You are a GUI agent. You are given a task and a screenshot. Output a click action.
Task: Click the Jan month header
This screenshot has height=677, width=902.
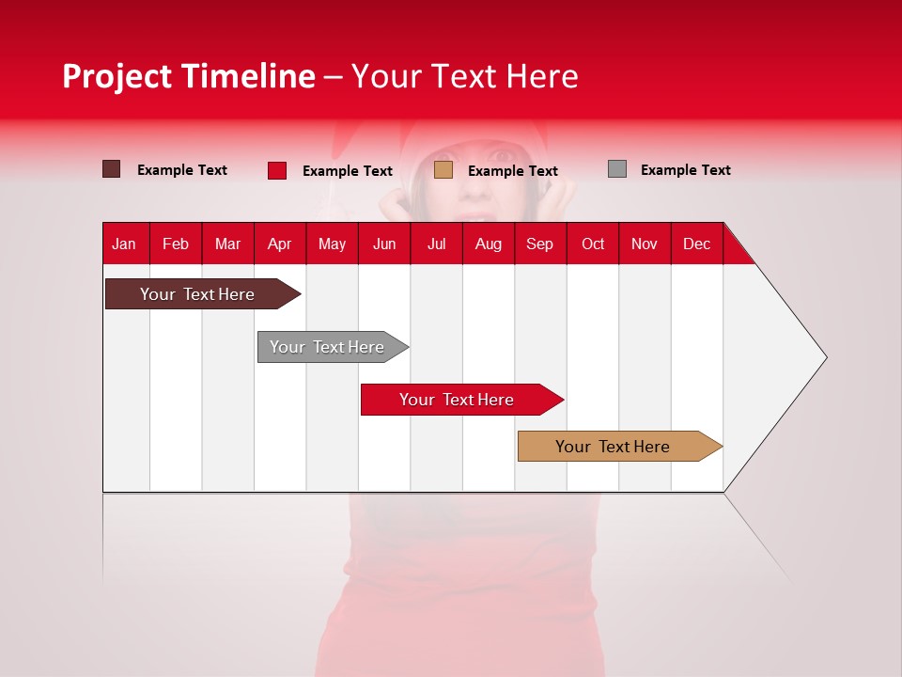(125, 244)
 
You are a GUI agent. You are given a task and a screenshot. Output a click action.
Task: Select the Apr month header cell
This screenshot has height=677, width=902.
(280, 244)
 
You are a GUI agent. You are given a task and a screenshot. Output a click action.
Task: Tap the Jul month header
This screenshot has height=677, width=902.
(436, 244)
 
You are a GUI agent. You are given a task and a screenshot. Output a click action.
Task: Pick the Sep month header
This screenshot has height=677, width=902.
(540, 244)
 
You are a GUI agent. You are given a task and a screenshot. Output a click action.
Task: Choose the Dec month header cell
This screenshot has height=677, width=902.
(696, 244)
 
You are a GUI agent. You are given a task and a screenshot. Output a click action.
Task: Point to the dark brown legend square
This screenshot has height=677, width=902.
(112, 169)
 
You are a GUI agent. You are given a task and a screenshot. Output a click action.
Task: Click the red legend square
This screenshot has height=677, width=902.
(277, 170)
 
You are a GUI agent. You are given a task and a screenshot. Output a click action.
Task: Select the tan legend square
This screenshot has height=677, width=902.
(443, 170)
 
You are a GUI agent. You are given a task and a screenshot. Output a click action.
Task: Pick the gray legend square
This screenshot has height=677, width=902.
(617, 169)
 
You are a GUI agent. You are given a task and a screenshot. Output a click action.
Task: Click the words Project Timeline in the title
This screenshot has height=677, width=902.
(189, 76)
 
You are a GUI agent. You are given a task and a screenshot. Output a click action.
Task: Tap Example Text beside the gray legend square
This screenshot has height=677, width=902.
(685, 170)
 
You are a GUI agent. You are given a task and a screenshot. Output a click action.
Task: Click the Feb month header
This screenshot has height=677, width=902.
(176, 244)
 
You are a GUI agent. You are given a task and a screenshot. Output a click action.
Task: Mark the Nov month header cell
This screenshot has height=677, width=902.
(645, 244)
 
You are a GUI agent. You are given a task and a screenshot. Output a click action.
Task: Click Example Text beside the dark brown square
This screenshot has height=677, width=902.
(182, 170)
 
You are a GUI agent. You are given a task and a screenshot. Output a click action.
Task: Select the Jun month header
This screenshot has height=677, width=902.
(384, 244)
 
